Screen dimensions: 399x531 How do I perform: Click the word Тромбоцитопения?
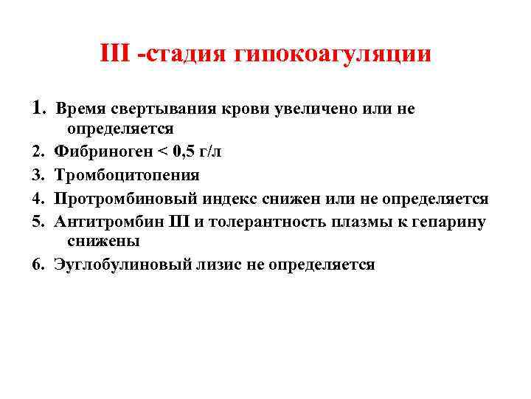click(126, 176)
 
